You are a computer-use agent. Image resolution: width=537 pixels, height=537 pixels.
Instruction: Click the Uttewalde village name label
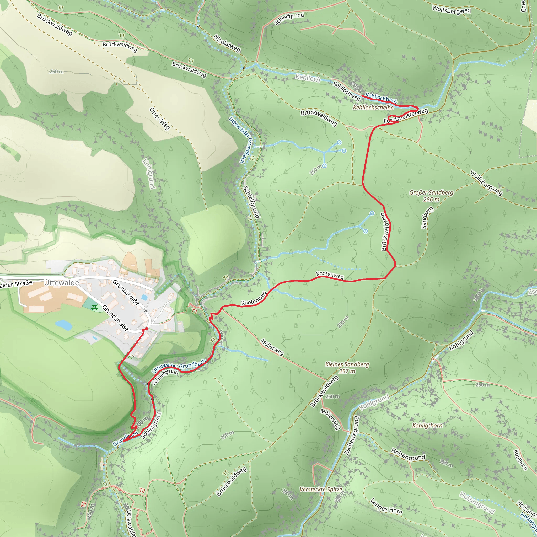[x=61, y=283]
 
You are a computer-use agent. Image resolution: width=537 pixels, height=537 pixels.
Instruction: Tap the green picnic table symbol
[x=94, y=308]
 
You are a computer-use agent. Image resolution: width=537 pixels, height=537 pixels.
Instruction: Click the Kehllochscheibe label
[x=373, y=107]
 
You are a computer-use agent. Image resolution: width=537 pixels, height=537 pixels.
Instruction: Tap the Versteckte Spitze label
[x=321, y=489]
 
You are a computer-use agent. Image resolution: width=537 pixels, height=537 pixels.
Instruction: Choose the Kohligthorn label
[x=427, y=425]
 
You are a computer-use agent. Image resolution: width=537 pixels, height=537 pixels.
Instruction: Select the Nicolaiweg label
[x=227, y=43]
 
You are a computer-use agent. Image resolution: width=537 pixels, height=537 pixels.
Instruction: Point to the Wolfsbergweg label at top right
[x=452, y=10]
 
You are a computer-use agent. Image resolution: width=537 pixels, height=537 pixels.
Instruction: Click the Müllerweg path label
[x=272, y=347]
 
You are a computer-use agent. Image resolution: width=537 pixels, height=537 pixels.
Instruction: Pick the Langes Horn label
[x=386, y=506]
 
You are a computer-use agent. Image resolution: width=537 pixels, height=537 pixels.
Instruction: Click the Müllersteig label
[x=330, y=419]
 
